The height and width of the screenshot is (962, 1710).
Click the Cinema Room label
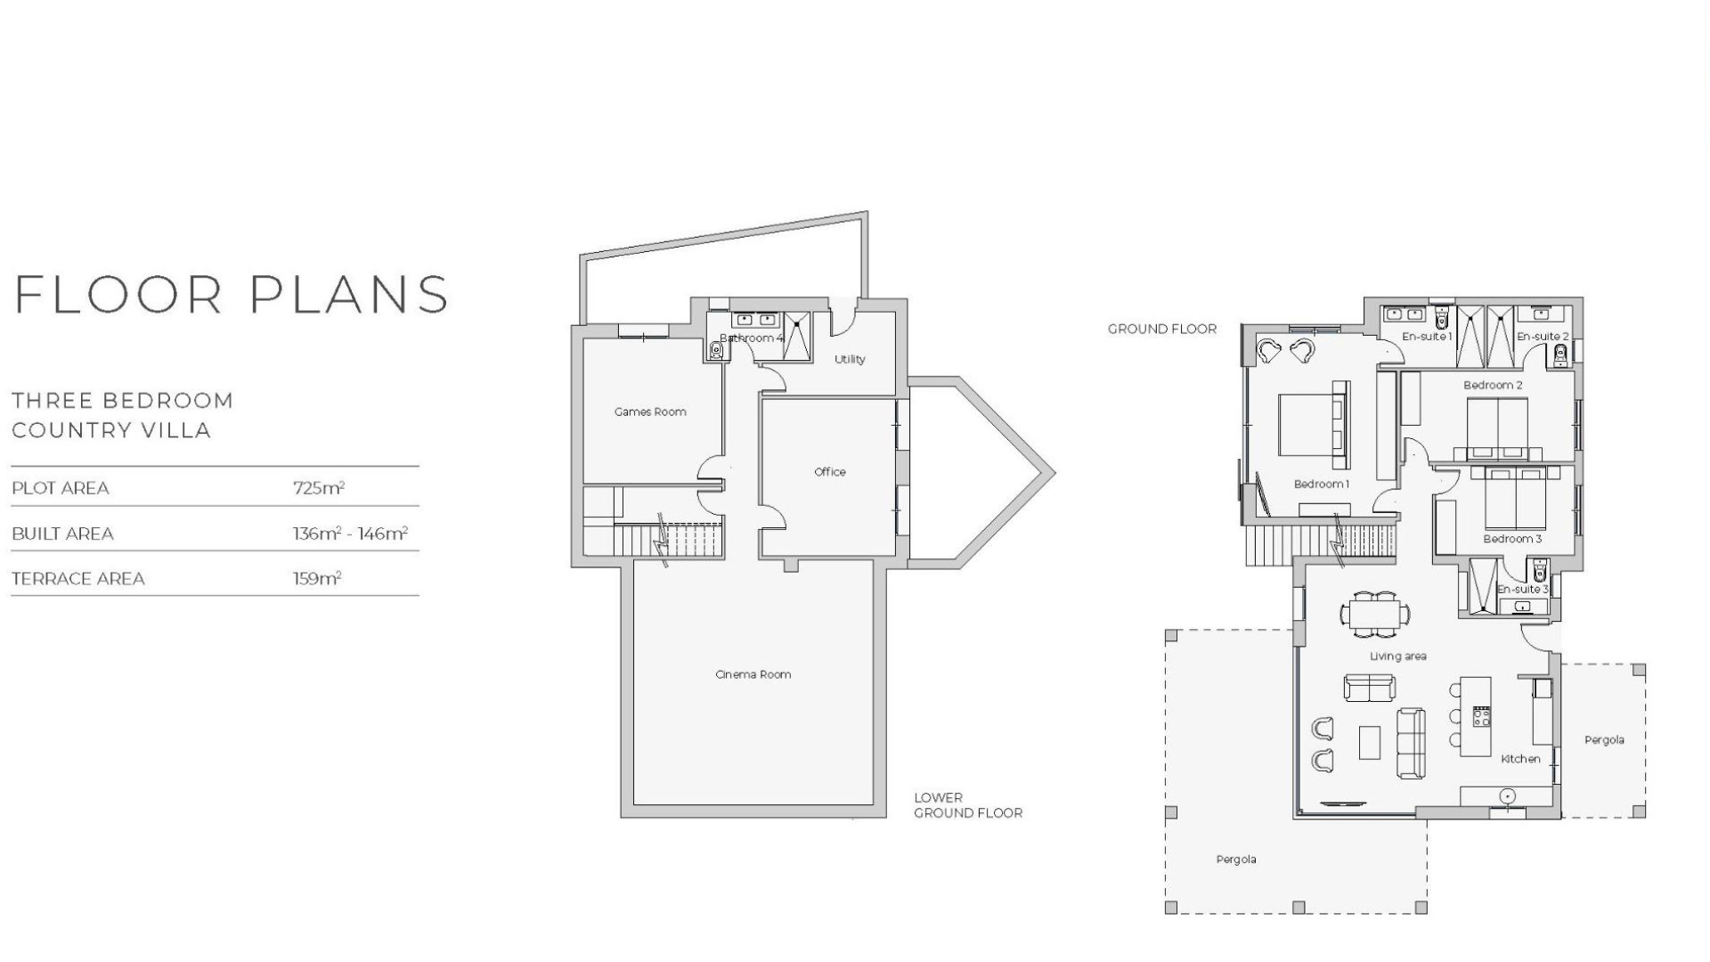(753, 674)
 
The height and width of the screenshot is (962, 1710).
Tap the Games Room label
(650, 412)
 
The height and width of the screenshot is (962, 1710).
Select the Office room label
(829, 472)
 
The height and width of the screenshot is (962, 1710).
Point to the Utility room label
(850, 359)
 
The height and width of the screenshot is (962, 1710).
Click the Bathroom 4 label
(752, 338)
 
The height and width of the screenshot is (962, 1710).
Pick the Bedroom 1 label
(1321, 484)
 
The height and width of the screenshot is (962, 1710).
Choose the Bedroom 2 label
(1493, 385)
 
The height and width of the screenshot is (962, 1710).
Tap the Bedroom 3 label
(1512, 539)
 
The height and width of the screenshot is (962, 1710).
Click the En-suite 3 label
(1522, 590)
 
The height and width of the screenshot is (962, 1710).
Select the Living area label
(1397, 656)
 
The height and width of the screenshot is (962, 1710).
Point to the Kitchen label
(1520, 759)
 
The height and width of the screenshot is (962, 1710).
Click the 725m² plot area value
(319, 488)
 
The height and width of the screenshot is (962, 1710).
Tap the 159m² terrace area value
(317, 579)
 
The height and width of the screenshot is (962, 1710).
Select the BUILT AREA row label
(62, 534)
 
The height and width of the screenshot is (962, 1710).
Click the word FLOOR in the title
(118, 295)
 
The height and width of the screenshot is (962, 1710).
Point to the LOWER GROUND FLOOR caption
(967, 805)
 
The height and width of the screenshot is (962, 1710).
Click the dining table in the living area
(1375, 613)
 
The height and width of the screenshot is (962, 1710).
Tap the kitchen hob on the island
(1481, 716)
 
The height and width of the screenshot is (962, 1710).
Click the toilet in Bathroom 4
(716, 351)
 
